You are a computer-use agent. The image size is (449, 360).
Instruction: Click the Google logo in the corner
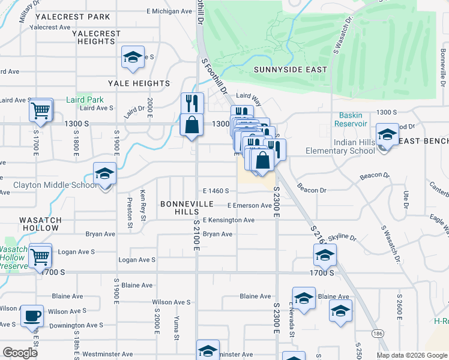[x=20, y=353]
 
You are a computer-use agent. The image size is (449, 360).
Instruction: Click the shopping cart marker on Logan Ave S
[x=40, y=256]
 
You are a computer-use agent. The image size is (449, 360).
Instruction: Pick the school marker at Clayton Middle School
[x=104, y=174]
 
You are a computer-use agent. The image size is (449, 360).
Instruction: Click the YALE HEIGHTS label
[x=139, y=83]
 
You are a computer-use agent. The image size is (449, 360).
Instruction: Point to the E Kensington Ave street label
[x=228, y=220]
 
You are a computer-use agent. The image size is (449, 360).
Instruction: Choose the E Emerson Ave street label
[x=249, y=206]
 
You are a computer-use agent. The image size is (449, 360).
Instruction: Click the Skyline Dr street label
[x=343, y=238]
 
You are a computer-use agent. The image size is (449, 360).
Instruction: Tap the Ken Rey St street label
[x=142, y=205]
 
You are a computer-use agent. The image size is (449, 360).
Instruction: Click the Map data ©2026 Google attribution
[x=411, y=355]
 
